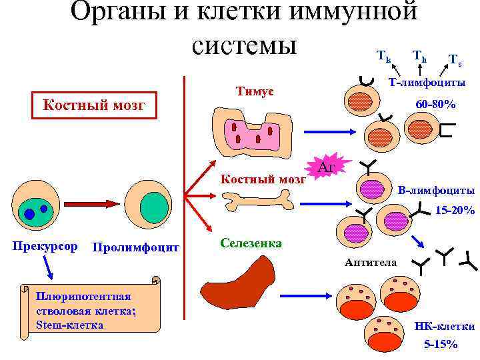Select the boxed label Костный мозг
pos(93,105)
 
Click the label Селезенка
pos(251,243)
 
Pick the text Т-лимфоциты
pos(427,83)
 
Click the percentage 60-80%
pos(435,105)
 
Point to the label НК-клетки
pos(444,327)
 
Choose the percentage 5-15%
pos(441,345)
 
